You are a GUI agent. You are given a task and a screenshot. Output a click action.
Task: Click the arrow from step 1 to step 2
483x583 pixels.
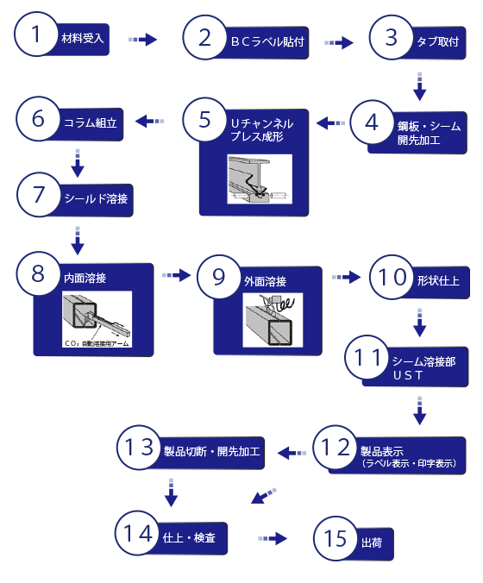point(142,40)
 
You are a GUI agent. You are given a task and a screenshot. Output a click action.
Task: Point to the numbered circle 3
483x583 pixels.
point(392,37)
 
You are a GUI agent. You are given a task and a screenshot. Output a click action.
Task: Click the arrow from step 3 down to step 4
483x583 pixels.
point(420,85)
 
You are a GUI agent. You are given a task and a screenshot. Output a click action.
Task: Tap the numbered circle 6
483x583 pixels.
point(38,120)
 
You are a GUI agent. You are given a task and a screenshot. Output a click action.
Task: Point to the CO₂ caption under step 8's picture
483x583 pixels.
point(97,343)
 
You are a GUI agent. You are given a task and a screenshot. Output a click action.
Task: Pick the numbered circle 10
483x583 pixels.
point(392,278)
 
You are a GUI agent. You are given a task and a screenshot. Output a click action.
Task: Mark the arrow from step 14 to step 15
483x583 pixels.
point(273,538)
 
